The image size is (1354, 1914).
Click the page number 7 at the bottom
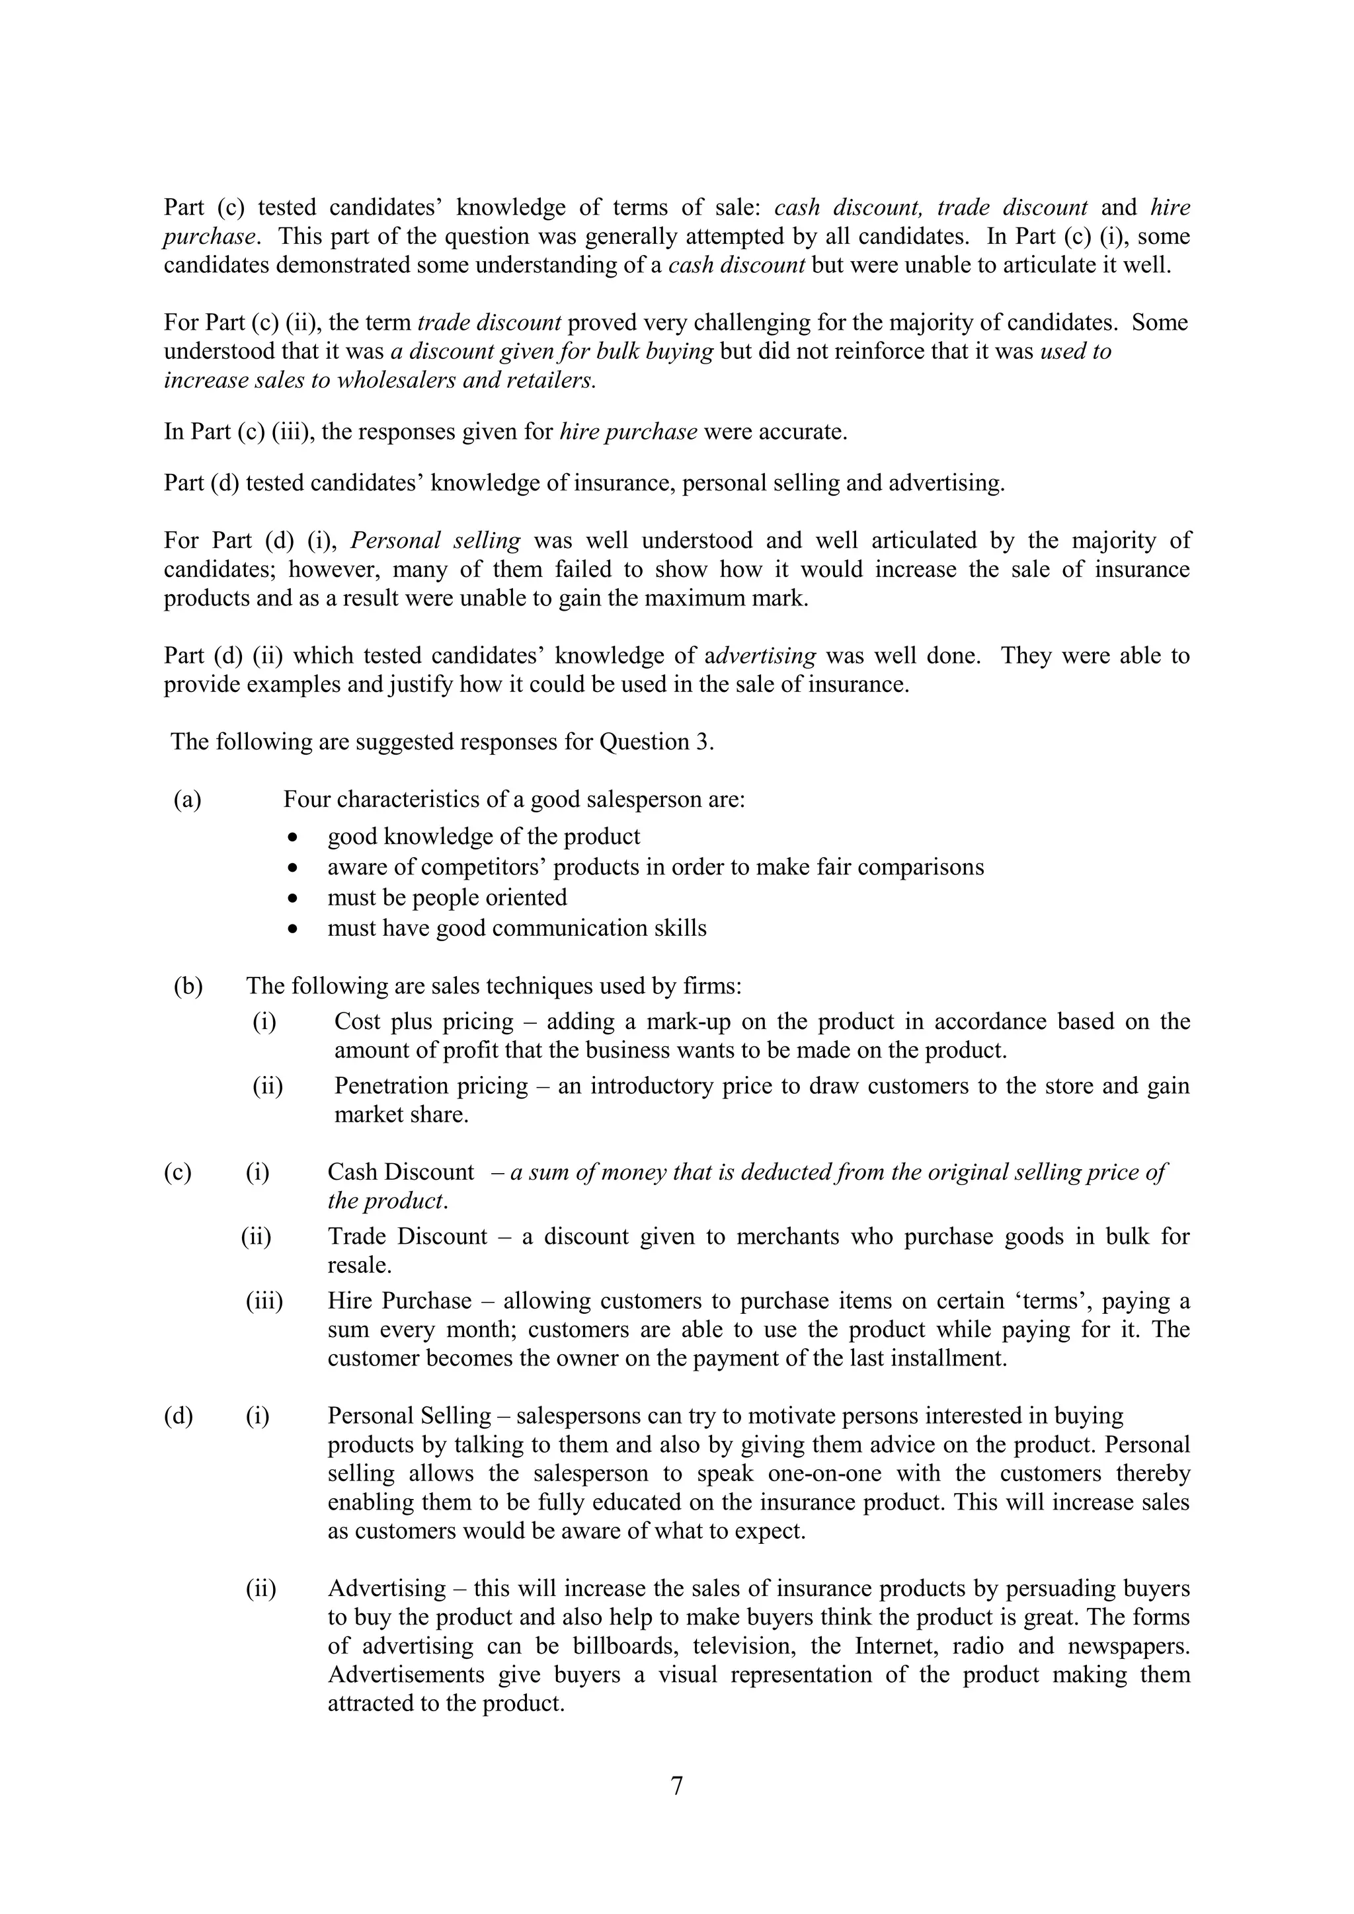pos(676,1786)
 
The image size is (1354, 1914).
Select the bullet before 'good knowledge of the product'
pos(292,837)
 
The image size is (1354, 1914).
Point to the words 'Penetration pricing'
pos(431,1087)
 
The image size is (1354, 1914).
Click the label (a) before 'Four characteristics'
pos(188,800)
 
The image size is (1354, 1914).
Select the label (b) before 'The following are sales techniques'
pos(188,986)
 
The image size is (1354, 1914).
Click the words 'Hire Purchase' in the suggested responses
pos(399,1301)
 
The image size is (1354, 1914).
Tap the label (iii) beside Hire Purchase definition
pos(264,1301)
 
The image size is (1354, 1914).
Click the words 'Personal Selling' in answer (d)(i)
pos(409,1416)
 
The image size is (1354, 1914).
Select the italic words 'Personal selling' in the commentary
pos(435,541)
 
